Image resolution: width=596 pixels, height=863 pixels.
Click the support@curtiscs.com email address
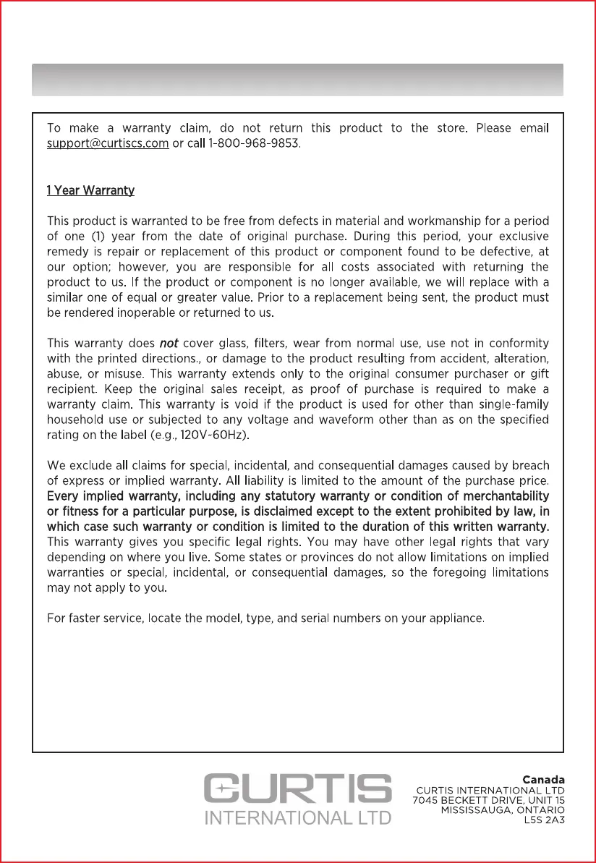coord(108,144)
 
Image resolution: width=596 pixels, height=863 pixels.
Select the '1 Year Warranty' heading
coord(90,191)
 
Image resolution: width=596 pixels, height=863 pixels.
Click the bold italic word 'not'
coord(169,343)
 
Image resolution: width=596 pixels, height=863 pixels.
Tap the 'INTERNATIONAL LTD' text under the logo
coord(298,818)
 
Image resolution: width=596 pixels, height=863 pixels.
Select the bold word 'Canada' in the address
coord(543,780)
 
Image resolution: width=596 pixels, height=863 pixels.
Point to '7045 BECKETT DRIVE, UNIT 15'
coord(488,801)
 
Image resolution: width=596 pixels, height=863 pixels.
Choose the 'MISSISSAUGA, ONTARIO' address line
coord(503,811)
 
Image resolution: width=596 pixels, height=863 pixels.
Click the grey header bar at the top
coord(297,80)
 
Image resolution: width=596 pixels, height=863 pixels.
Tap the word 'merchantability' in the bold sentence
coord(507,496)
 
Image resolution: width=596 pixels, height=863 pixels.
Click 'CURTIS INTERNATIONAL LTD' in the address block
coord(490,791)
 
